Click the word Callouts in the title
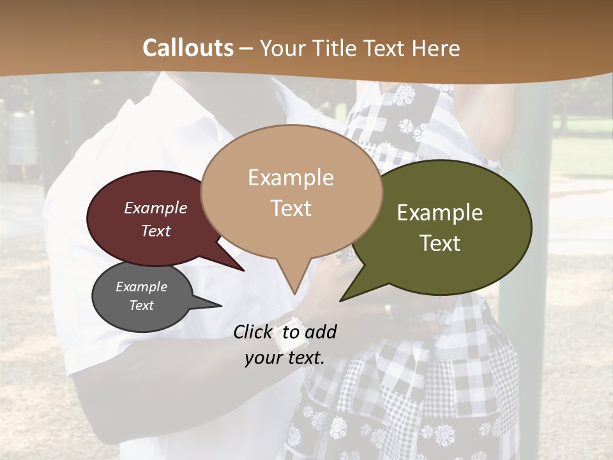coord(188,48)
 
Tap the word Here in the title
coord(434,48)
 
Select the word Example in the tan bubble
coord(291,178)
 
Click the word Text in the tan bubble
coord(291,208)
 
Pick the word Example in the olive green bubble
coord(440,213)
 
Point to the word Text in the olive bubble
coord(440,243)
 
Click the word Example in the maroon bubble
coord(156,208)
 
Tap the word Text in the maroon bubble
coord(156,231)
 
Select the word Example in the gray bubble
coord(141,287)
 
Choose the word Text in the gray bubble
coord(141,305)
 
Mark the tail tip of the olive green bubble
coord(342,300)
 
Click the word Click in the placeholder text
coord(255,332)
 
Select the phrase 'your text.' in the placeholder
coord(284,358)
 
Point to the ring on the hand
coord(388,310)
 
